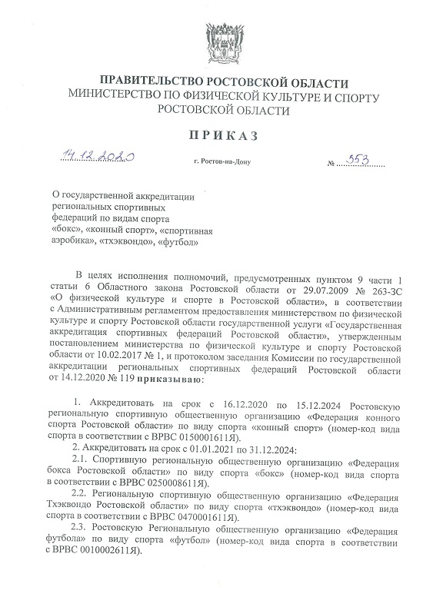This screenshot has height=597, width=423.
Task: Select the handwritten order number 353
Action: (x=358, y=159)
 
